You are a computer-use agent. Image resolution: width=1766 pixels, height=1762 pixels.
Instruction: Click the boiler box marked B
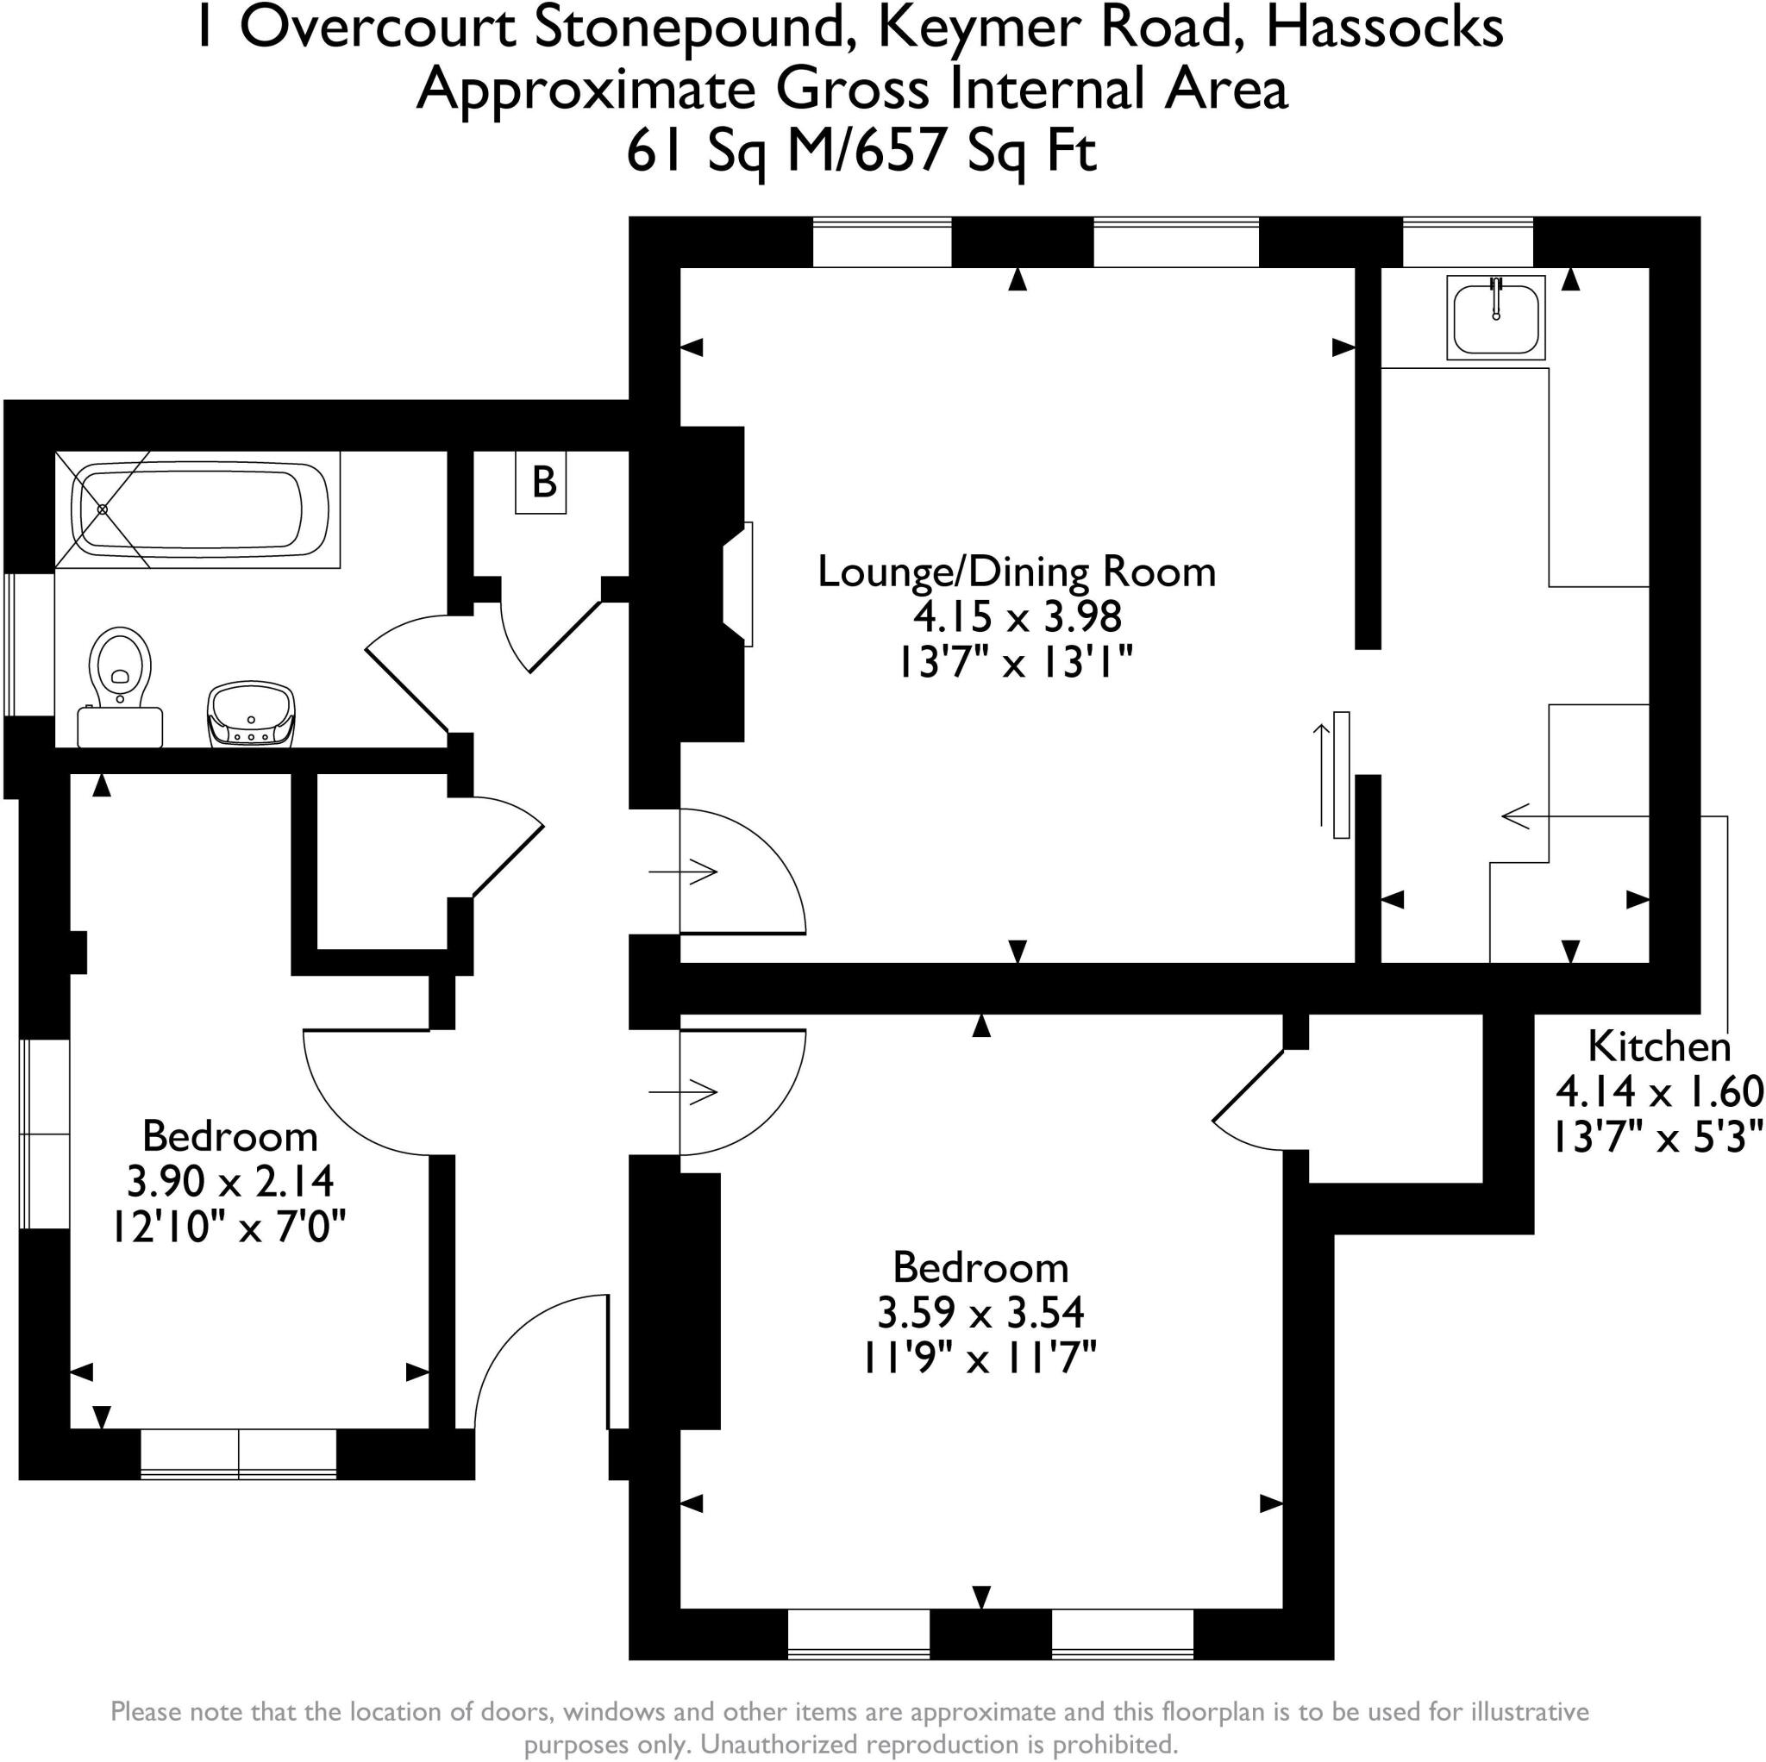point(542,483)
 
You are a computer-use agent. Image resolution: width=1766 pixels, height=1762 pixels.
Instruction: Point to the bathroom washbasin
point(253,714)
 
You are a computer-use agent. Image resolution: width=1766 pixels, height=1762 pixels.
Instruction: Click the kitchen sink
point(1495,317)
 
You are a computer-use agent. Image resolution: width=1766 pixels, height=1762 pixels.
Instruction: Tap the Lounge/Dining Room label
point(1016,572)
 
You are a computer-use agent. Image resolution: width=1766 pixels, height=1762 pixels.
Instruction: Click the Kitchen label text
point(1659,1047)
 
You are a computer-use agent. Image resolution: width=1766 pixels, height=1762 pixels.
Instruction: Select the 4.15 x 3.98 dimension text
point(1017,617)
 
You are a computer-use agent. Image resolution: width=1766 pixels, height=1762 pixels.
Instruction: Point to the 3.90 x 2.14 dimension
point(229,1181)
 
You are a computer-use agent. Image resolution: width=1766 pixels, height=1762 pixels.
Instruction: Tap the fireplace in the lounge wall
point(739,584)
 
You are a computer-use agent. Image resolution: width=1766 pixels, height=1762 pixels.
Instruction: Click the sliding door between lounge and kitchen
point(1340,775)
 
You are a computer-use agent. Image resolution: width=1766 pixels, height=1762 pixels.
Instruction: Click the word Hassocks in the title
point(1384,28)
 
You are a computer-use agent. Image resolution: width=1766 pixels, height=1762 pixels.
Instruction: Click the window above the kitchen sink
point(1467,242)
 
